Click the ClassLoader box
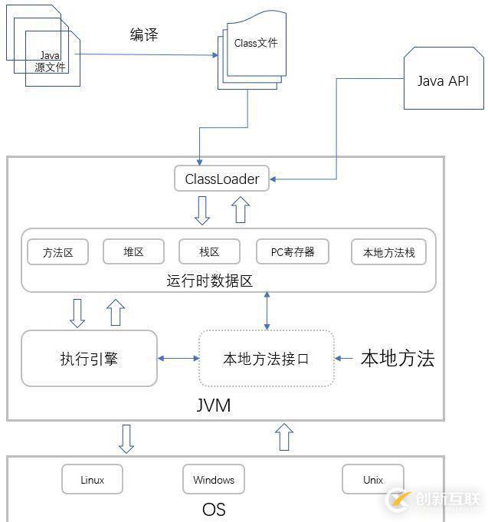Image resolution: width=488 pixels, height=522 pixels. pyautogui.click(x=222, y=179)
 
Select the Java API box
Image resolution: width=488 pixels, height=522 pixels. pyautogui.click(x=443, y=81)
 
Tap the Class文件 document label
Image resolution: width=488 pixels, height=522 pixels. pyautogui.click(x=255, y=44)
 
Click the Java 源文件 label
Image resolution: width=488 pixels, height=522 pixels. pyautogui.click(x=51, y=61)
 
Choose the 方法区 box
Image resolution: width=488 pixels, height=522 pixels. pyautogui.click(x=57, y=252)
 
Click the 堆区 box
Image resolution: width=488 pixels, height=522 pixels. pyautogui.click(x=133, y=252)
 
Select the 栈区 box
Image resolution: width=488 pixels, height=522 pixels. pyautogui.click(x=209, y=252)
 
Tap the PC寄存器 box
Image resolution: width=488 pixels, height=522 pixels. pyautogui.click(x=293, y=252)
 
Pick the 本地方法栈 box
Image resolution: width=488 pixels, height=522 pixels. pyautogui.click(x=388, y=252)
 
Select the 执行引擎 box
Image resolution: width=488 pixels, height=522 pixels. pyautogui.click(x=89, y=358)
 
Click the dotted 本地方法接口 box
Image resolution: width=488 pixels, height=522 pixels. pyautogui.click(x=266, y=358)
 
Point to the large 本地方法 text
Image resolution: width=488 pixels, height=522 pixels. pyautogui.click(x=397, y=358)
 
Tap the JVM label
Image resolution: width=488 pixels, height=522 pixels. pyautogui.click(x=213, y=405)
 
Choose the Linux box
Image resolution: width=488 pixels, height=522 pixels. pyautogui.click(x=92, y=480)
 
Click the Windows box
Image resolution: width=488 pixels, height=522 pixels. pyautogui.click(x=213, y=480)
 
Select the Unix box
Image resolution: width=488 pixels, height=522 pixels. pyautogui.click(x=373, y=480)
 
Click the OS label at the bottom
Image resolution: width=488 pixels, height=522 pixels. pyautogui.click(x=214, y=509)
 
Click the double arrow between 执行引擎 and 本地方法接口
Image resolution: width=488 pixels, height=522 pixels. pyautogui.click(x=178, y=358)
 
